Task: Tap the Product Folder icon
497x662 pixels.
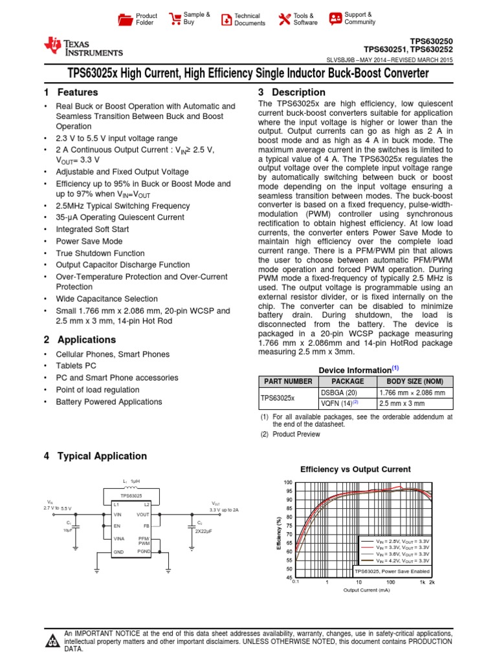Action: [x=125, y=19]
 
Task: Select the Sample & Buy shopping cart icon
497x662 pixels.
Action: [x=174, y=19]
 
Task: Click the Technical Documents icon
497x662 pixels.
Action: [x=226, y=19]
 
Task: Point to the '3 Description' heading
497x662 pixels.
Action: [x=291, y=92]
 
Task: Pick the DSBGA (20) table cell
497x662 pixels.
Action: [x=338, y=392]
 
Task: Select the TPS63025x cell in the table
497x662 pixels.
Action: [x=278, y=398]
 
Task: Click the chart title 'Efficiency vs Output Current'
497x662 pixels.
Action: [x=356, y=469]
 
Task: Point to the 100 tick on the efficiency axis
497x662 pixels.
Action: [x=288, y=483]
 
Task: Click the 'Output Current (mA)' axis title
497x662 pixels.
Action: [x=366, y=590]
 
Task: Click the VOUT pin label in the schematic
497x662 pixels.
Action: [x=142, y=515]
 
